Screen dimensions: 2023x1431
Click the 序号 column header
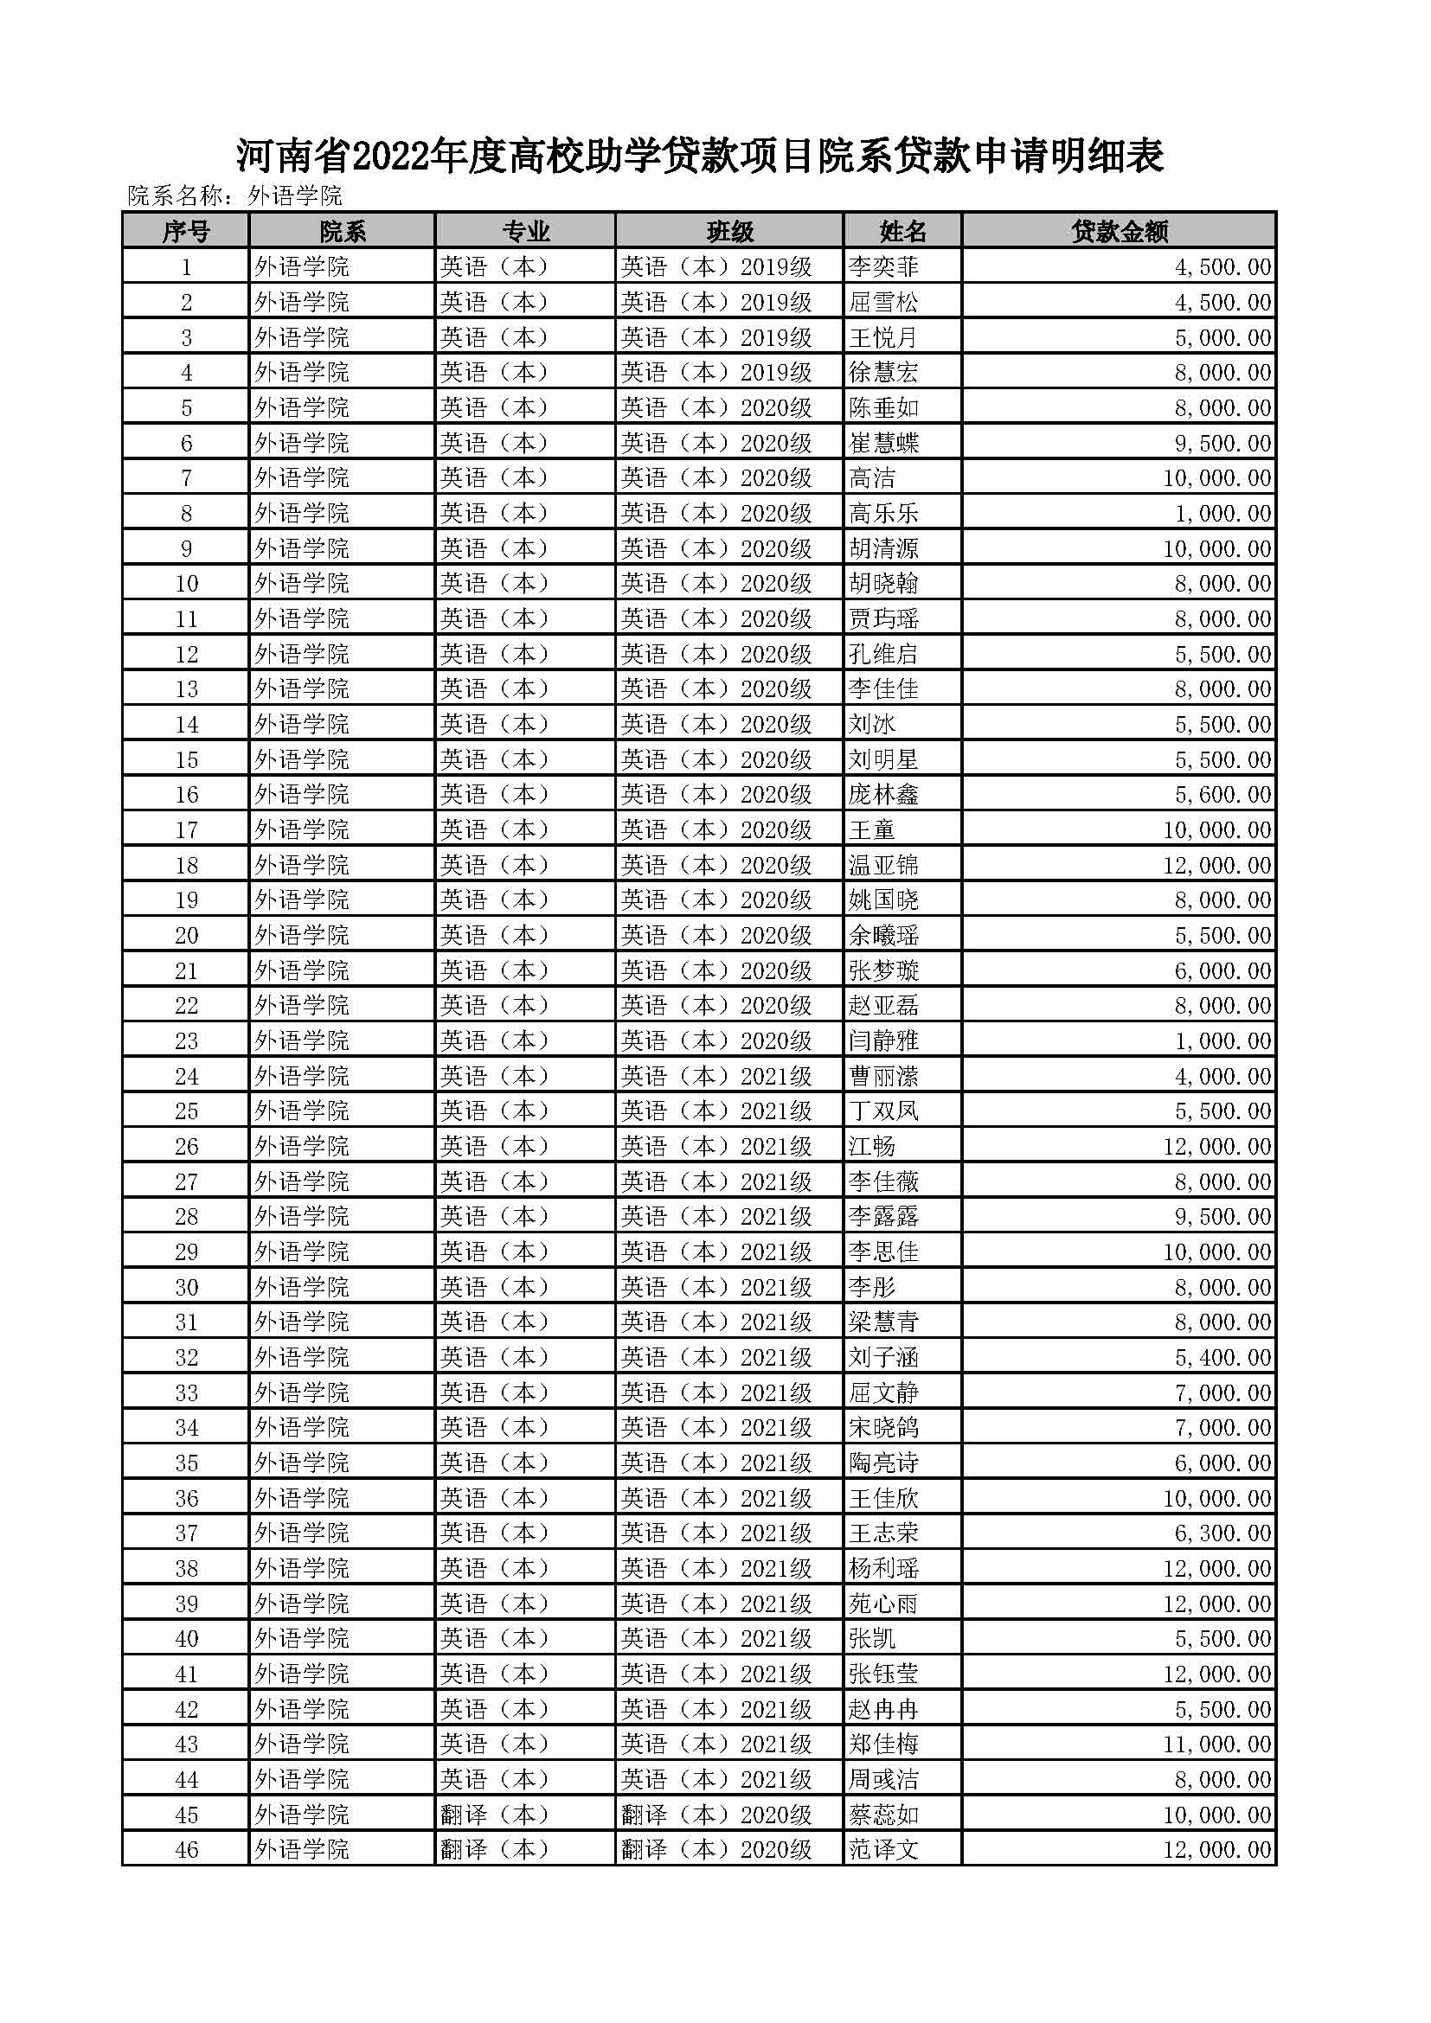click(x=186, y=231)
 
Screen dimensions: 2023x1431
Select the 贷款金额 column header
click(x=1119, y=231)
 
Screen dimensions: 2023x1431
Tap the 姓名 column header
click(x=902, y=231)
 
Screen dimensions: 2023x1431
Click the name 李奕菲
click(x=883, y=267)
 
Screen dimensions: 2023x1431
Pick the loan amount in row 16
click(x=1222, y=795)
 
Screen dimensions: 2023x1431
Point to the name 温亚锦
click(x=883, y=865)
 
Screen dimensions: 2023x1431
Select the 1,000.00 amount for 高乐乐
click(x=1222, y=513)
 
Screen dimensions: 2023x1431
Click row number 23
click(x=186, y=1040)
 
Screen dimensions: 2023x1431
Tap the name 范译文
click(x=883, y=1849)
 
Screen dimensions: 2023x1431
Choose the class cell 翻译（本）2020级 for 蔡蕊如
click(x=715, y=1815)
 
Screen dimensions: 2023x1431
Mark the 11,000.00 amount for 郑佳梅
click(x=1217, y=1744)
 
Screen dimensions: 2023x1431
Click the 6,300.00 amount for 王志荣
click(x=1222, y=1533)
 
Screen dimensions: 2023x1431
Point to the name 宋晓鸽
click(x=883, y=1427)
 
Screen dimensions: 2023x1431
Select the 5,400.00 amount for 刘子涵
click(x=1222, y=1357)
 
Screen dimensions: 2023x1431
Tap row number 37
click(x=186, y=1533)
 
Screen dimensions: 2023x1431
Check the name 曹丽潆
click(x=883, y=1076)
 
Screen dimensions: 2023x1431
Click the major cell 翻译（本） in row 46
click(x=494, y=1849)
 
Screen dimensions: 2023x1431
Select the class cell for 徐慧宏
click(x=715, y=373)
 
